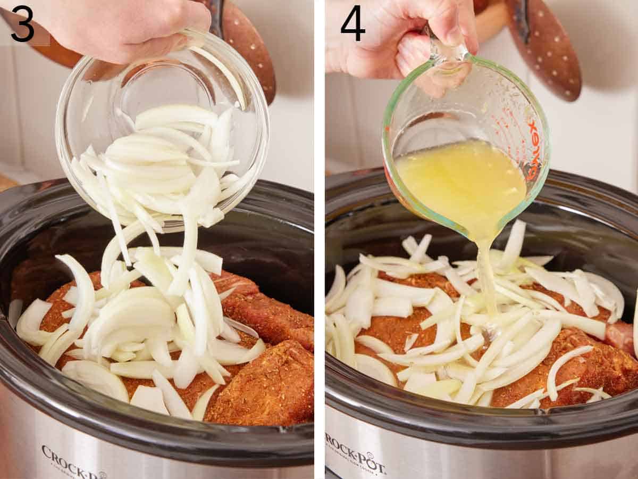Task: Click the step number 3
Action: coord(22,23)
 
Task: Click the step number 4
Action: coord(352,23)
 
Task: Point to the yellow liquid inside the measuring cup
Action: coord(460,181)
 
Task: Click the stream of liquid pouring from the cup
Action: coord(485,277)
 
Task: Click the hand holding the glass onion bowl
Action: coord(122,27)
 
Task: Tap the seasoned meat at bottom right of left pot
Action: coord(266,389)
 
